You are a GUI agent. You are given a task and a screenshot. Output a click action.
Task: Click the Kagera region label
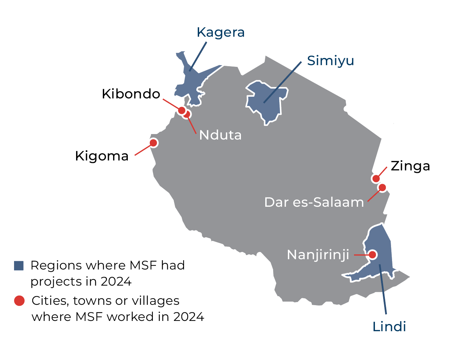(x=220, y=33)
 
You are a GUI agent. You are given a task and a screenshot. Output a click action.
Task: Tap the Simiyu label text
(x=330, y=61)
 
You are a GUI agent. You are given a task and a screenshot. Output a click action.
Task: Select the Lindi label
(x=389, y=326)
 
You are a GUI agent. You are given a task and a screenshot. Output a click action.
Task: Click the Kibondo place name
(x=131, y=94)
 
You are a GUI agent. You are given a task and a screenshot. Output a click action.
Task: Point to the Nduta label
(x=220, y=135)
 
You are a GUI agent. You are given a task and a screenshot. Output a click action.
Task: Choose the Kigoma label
(x=102, y=156)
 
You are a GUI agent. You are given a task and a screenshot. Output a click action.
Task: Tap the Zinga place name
(x=410, y=166)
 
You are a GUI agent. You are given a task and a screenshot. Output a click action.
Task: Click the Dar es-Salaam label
(x=314, y=202)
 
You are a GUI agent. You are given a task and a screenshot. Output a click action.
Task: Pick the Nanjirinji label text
(x=318, y=255)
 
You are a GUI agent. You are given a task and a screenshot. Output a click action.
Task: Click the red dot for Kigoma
(x=154, y=143)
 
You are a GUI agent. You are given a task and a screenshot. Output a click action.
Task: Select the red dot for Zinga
(x=376, y=178)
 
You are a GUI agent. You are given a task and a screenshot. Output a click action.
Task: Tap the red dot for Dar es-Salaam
(x=382, y=188)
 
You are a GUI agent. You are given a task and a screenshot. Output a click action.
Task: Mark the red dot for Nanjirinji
(x=373, y=255)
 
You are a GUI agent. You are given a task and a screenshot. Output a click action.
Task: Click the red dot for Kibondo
(x=182, y=110)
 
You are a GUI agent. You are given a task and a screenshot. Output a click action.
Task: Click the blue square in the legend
(x=19, y=266)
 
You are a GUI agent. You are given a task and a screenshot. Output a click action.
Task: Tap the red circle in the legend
(x=19, y=301)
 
